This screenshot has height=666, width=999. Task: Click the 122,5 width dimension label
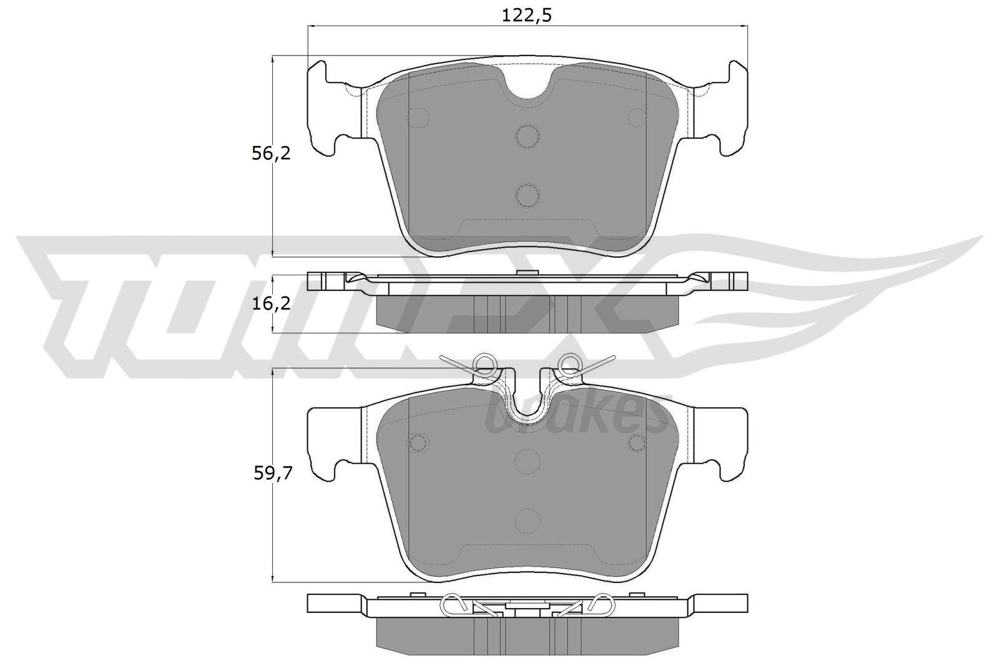528,16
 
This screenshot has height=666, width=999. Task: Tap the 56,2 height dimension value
271,154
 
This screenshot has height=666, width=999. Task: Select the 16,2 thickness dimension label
271,304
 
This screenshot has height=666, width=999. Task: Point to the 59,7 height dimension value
271,475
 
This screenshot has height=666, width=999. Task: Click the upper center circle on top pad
528,135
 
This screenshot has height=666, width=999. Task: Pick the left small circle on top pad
417,117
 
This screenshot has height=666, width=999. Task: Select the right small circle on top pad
637,117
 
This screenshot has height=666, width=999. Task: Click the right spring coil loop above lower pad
569,363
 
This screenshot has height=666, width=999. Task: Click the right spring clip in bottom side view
601,604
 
